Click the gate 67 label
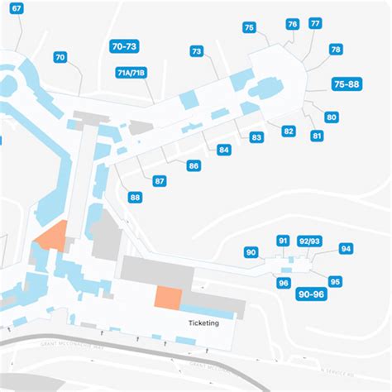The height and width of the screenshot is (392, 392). (17, 7)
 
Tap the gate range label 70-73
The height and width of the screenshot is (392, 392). (125, 47)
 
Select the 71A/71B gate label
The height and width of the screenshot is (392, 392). (131, 74)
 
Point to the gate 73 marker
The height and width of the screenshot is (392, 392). (196, 52)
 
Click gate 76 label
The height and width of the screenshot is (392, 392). (293, 25)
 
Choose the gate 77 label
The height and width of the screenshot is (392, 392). (315, 23)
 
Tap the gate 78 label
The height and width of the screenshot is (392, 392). (336, 50)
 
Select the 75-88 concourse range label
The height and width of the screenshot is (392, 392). (346, 84)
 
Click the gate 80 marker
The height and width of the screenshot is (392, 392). (332, 117)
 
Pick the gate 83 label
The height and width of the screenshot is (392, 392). (256, 137)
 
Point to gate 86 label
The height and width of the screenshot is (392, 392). (194, 166)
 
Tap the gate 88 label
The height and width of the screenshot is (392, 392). (135, 198)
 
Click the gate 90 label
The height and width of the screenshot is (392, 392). (251, 252)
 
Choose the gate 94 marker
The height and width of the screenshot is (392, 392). (346, 249)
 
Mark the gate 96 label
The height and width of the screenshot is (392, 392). (284, 283)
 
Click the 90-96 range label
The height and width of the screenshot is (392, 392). (312, 294)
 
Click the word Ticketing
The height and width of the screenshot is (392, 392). (203, 323)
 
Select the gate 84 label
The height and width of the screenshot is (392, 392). (224, 151)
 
